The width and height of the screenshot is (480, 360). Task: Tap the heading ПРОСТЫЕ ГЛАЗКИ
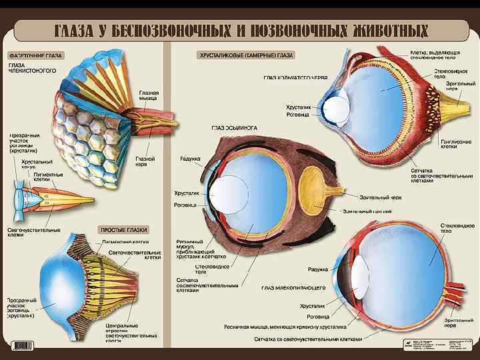[x=124, y=229]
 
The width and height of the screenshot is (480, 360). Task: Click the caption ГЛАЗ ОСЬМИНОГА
[x=235, y=127]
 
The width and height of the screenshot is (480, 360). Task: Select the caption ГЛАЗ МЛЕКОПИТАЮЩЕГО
[x=293, y=287]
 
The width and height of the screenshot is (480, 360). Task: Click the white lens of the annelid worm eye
[x=339, y=107]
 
